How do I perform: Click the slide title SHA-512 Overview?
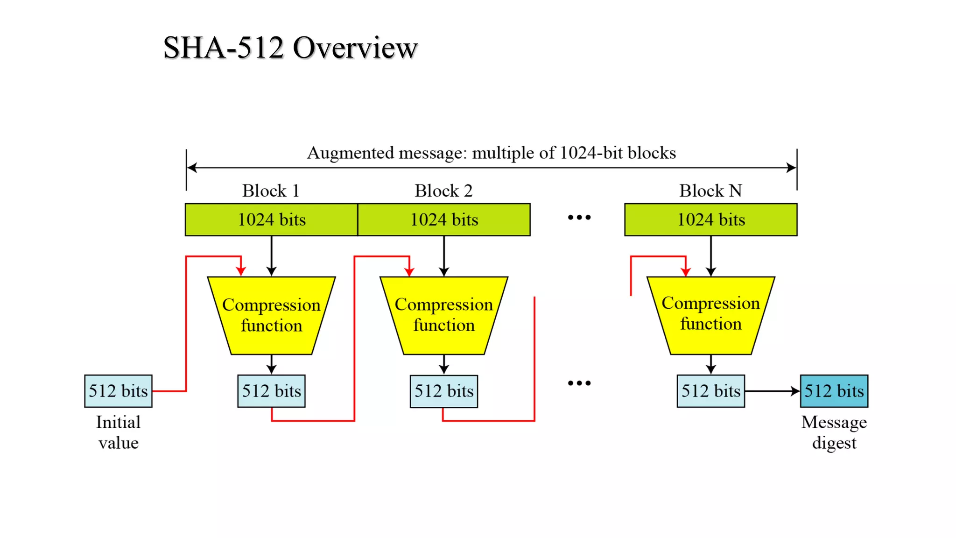pyautogui.click(x=290, y=48)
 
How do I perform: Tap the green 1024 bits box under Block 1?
pyautogui.click(x=271, y=219)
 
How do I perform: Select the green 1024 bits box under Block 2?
pyautogui.click(x=444, y=219)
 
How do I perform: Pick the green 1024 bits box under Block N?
pyautogui.click(x=710, y=219)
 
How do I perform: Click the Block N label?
pyautogui.click(x=710, y=191)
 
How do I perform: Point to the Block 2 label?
pyautogui.click(x=443, y=191)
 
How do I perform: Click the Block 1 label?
pyautogui.click(x=270, y=191)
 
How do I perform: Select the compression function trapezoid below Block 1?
pyautogui.click(x=271, y=315)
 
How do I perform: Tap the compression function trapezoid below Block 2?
pyautogui.click(x=444, y=315)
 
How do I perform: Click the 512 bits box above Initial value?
pyautogui.click(x=118, y=391)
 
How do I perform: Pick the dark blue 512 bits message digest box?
pyautogui.click(x=834, y=391)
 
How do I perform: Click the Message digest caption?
pyautogui.click(x=834, y=432)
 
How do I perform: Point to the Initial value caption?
pyautogui.click(x=118, y=432)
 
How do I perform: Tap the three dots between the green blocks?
pyautogui.click(x=579, y=217)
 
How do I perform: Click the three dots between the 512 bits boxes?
pyautogui.click(x=579, y=383)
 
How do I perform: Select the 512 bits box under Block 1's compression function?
pyautogui.click(x=271, y=391)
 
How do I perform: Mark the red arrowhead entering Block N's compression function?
pyautogui.click(x=685, y=272)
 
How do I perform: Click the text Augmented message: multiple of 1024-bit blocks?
pyautogui.click(x=491, y=153)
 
